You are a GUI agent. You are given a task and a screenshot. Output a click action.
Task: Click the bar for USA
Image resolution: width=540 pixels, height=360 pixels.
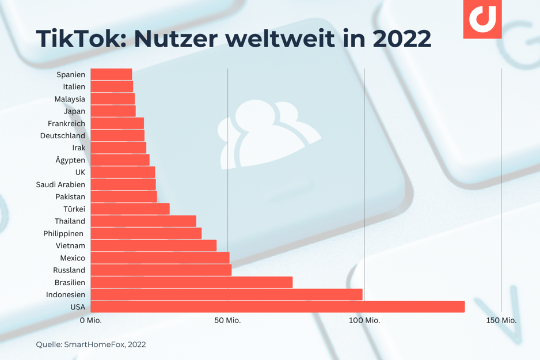point(277,306)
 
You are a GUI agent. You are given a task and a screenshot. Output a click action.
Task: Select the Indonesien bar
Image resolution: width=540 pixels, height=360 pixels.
point(226,294)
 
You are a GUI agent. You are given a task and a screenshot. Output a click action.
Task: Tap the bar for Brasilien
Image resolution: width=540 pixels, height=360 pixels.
point(192,282)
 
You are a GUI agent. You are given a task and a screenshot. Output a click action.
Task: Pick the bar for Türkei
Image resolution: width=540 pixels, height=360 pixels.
point(130,209)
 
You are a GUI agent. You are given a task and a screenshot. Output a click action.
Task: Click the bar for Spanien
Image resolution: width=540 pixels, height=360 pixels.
point(111,74)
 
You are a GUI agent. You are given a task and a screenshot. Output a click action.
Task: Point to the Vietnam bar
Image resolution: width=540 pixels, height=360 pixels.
point(154,245)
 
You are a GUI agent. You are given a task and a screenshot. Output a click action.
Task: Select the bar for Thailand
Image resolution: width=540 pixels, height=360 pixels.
point(143,221)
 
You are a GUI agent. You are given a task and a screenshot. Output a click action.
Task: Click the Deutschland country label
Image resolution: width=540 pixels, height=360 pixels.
point(63,136)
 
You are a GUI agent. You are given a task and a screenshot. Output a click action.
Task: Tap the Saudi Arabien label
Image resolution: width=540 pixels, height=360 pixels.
point(60,184)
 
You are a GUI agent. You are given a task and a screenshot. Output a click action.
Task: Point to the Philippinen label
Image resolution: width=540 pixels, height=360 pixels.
point(63,233)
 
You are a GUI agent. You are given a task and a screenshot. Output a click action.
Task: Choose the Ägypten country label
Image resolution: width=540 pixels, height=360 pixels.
point(70,160)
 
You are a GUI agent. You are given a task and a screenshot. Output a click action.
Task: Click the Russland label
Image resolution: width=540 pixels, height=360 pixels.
point(69,270)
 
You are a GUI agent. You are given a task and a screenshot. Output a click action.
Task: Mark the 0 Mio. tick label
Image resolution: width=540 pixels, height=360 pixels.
point(90,320)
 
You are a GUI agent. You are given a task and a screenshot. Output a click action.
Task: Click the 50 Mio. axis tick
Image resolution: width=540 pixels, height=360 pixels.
point(227,320)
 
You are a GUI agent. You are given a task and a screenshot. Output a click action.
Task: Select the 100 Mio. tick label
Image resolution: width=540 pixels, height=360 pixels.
point(364,320)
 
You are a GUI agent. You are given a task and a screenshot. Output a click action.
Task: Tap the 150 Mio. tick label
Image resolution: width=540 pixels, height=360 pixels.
point(501,320)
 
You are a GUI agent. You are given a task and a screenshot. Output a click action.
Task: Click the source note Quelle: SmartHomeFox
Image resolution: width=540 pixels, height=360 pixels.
point(91,344)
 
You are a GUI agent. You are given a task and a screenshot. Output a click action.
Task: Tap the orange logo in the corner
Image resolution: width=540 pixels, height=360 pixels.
point(482,19)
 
